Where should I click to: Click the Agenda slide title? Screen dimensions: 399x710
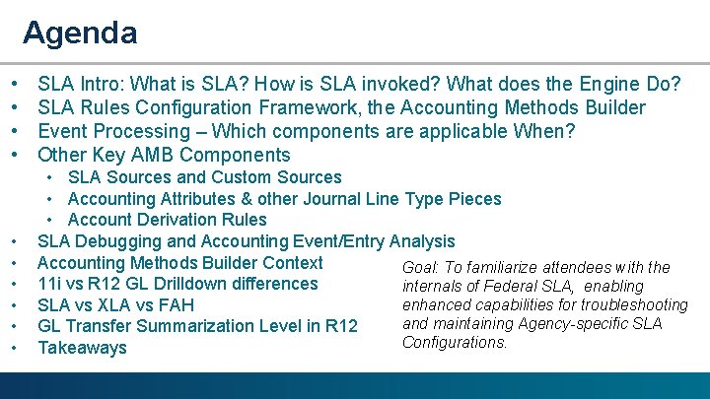(x=80, y=33)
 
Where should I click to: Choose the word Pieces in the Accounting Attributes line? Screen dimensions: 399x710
(x=475, y=199)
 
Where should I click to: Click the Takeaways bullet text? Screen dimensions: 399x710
(x=82, y=348)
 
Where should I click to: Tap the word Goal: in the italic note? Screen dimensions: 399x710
(x=421, y=268)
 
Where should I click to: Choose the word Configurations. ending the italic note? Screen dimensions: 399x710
(x=455, y=343)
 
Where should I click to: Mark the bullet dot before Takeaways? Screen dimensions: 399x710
(x=18, y=348)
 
